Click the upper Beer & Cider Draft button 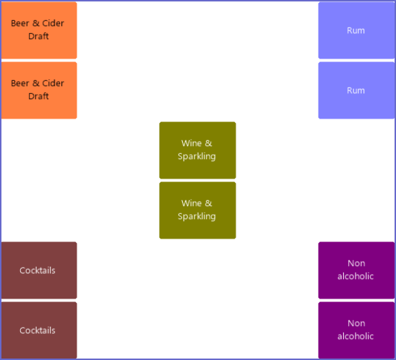(x=39, y=30)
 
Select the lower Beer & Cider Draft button (x=39, y=90)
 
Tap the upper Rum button (x=356, y=30)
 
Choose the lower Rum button (x=356, y=90)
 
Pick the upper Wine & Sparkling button (x=197, y=150)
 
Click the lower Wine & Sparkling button (x=197, y=210)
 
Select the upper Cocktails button (x=39, y=270)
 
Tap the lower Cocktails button (x=39, y=330)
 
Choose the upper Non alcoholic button (x=356, y=270)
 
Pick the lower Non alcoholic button (x=356, y=330)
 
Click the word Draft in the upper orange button (x=38, y=36)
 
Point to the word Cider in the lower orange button (x=53, y=83)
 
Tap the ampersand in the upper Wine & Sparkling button (x=208, y=143)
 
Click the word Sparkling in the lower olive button (x=197, y=217)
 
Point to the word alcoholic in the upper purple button (x=356, y=276)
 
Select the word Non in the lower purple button (x=356, y=323)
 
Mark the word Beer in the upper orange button (x=20, y=23)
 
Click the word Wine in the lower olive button (x=191, y=203)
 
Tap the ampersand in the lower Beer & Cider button (x=36, y=83)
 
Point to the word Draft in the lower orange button (x=38, y=96)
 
